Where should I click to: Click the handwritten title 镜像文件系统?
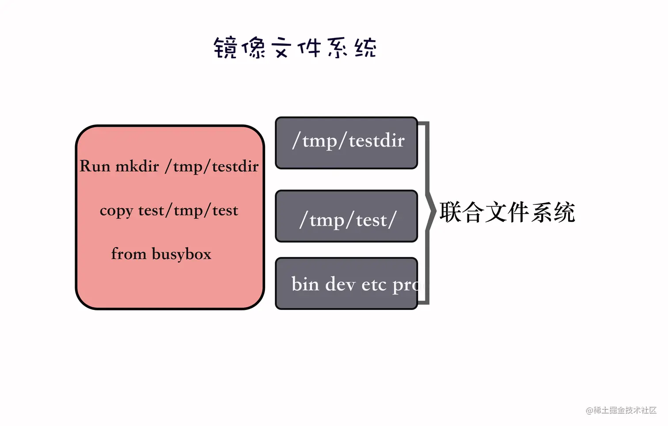point(295,48)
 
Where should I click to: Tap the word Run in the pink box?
point(95,166)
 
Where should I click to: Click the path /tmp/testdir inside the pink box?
point(212,166)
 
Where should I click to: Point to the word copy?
point(116,211)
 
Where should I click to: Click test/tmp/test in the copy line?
point(188,211)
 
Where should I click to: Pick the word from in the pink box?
point(129,254)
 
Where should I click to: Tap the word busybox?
point(182,254)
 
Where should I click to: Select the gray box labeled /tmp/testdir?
point(346,143)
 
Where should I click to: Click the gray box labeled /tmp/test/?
point(346,216)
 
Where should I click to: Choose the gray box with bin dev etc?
point(346,283)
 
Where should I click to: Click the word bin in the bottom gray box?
point(305,284)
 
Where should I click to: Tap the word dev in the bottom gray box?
point(340,284)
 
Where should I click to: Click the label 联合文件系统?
point(507,212)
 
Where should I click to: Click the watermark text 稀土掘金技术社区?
point(625,410)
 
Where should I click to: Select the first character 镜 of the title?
point(225,48)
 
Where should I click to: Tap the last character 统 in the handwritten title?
point(365,48)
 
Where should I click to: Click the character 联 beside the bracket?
point(450,212)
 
